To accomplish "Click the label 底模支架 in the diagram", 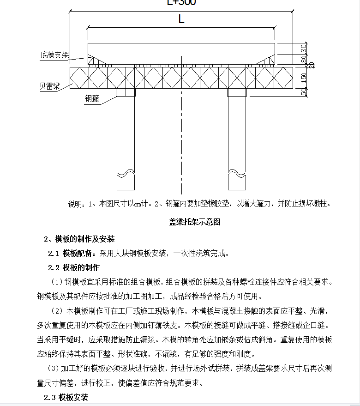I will click(54, 55).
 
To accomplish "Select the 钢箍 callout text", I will click(92, 98).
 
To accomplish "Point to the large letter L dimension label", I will click(181, 19).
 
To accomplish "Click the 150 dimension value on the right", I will click(303, 79).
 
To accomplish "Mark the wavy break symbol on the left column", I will click(126, 173).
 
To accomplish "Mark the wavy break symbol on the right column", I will click(237, 173).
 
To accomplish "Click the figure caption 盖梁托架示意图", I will click(195, 222).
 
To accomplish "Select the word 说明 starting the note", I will click(76, 204).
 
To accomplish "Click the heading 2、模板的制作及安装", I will click(79, 239).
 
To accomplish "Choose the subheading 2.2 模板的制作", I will click(74, 267).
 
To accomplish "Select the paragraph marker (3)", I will click(54, 369).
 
